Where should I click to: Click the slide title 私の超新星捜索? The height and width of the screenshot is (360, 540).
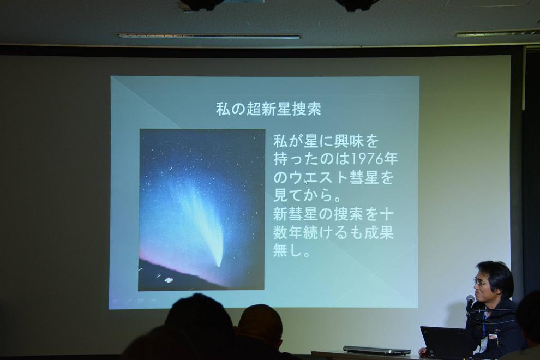[x=268, y=109]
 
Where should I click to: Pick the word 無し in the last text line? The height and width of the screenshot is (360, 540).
[x=288, y=250]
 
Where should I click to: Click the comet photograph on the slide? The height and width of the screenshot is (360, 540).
[x=202, y=210]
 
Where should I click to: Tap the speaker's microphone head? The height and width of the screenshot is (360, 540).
[x=470, y=299]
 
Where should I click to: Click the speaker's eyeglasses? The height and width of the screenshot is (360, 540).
[x=482, y=283]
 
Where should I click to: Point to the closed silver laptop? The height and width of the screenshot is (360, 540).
[x=376, y=350]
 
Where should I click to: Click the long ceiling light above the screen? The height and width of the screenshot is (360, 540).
[x=209, y=36]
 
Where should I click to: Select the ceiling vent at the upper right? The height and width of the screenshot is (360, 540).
[x=497, y=33]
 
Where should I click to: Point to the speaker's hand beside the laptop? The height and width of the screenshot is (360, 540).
[x=422, y=351]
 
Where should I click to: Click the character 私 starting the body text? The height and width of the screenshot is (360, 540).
[x=281, y=141]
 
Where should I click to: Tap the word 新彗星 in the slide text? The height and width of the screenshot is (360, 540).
[x=295, y=214]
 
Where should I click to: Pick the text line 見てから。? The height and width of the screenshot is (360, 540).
[x=307, y=195]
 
